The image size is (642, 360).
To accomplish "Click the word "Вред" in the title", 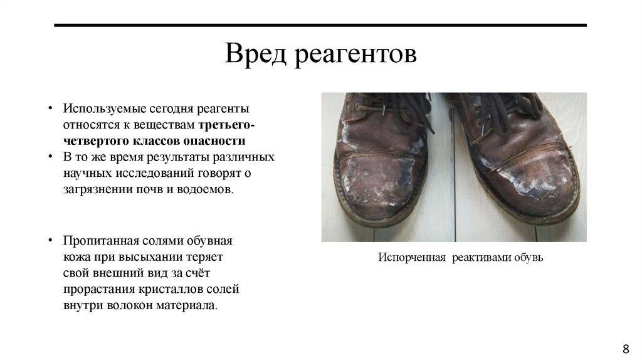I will pos(255,54).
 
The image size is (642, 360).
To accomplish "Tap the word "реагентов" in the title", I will pos(354,55).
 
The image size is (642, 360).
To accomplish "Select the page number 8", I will pos(625,349).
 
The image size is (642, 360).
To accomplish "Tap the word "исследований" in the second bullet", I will pos(156,172).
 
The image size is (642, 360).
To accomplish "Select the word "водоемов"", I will pos(207,188).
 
